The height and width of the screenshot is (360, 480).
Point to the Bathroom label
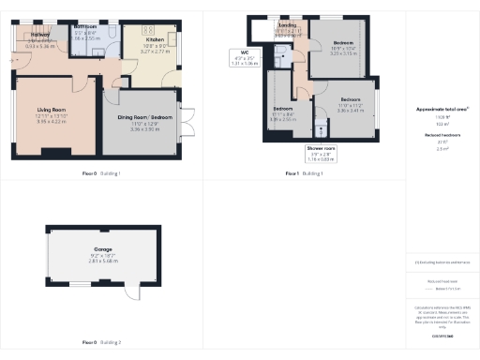[87, 27]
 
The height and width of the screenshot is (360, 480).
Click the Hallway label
[29, 35]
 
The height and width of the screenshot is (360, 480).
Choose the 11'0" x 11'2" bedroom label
[350, 99]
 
